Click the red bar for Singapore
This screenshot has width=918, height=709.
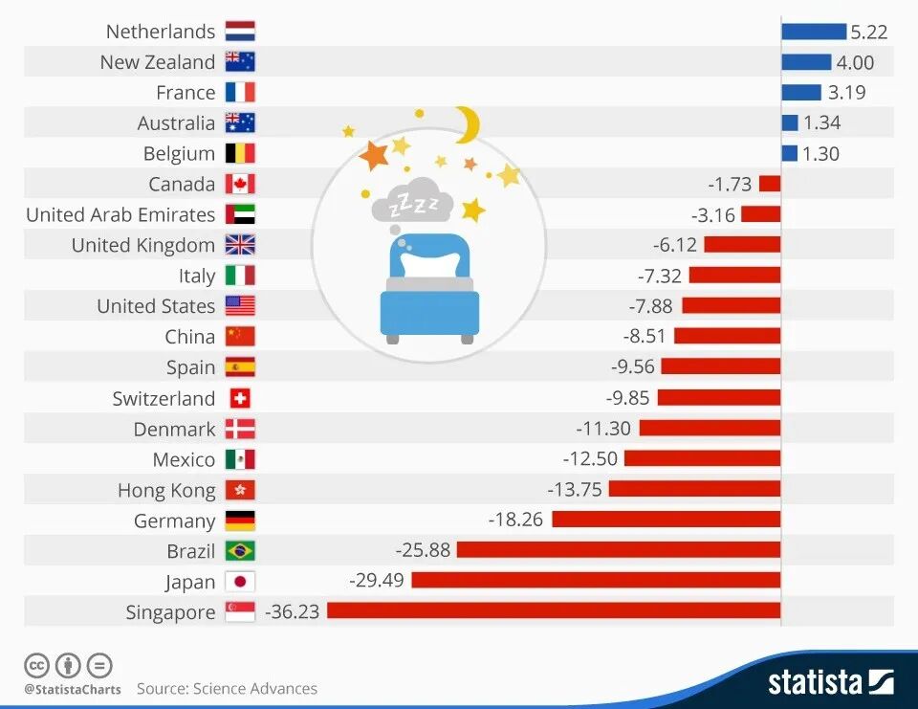pos(554,611)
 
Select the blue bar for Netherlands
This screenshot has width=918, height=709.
pos(814,32)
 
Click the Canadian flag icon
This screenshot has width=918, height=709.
pos(240,184)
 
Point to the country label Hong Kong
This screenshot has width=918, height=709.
pos(166,490)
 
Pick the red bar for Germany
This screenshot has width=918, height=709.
pos(666,520)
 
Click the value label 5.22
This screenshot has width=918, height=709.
pos(869,32)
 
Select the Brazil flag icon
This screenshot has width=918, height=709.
pos(240,551)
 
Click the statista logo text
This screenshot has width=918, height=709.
pos(816,681)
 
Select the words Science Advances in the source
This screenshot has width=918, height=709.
pos(255,688)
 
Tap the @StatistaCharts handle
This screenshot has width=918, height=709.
pos(73,689)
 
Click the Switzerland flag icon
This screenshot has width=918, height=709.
pos(240,398)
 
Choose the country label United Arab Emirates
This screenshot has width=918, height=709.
pos(120,214)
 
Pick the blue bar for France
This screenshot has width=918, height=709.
pos(801,93)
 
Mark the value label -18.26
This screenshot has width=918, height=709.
pos(516,520)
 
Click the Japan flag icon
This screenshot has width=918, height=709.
pos(240,582)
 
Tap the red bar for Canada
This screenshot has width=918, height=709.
pos(770,184)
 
